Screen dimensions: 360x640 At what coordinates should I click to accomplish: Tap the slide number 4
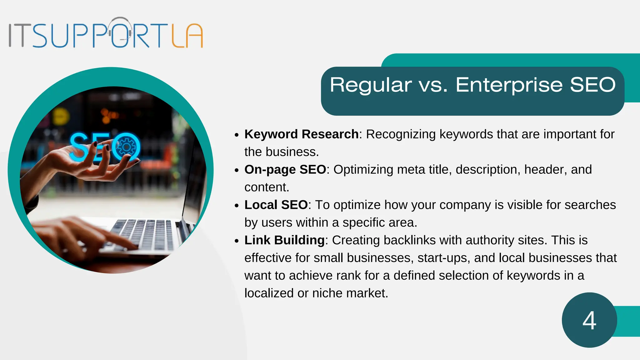(589, 321)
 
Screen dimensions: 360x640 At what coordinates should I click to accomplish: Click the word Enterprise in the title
(509, 85)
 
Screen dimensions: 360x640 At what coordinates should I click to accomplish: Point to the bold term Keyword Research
(301, 134)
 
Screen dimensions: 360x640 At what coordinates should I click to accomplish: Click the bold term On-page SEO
(285, 169)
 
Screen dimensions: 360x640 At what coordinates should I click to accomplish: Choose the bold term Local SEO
(276, 205)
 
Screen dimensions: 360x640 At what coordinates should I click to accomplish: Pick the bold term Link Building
(284, 240)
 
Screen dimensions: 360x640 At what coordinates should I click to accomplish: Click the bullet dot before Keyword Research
(237, 135)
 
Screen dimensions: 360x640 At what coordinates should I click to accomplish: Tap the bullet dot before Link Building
(237, 241)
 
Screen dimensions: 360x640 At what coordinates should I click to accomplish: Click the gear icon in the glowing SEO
(126, 147)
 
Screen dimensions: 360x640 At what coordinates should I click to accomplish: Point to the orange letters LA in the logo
(187, 36)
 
